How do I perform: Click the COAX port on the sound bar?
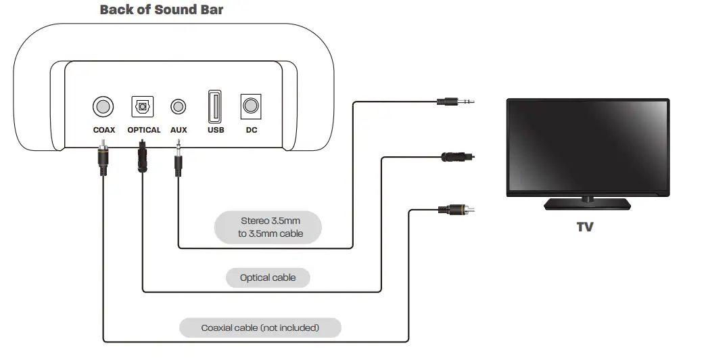tap(103, 106)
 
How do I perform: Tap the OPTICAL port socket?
tap(142, 106)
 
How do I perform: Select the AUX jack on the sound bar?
tap(179, 106)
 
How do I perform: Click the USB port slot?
tap(216, 106)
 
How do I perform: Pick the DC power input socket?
tap(251, 106)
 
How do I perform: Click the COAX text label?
tap(103, 130)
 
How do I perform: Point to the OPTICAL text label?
tap(144, 130)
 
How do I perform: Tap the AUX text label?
tap(179, 130)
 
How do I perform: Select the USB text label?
tap(216, 130)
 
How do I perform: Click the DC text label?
tap(251, 130)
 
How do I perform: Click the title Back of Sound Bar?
tap(162, 9)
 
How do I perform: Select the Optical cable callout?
tap(268, 277)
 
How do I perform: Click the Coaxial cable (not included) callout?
tap(260, 328)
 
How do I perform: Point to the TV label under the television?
tap(585, 227)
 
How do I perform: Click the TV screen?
tap(588, 147)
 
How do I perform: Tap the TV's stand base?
tap(588, 203)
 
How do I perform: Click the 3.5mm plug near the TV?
tap(454, 102)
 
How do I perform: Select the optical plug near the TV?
tap(457, 156)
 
